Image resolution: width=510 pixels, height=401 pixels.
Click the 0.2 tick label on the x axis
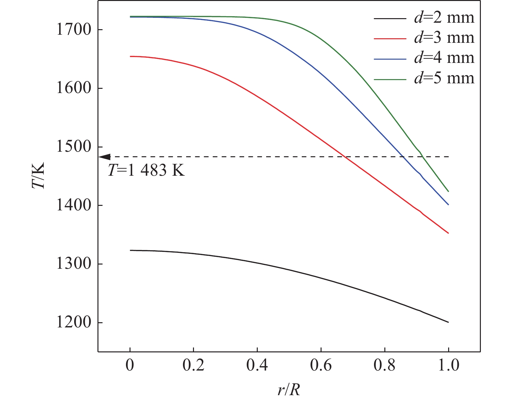193,365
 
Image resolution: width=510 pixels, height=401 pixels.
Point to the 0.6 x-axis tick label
321,365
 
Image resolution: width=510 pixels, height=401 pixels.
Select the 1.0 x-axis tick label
448,365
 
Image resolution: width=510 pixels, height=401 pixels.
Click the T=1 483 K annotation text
146,170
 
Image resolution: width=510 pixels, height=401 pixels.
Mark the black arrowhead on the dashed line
104,157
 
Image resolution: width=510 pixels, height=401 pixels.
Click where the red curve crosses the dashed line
346,157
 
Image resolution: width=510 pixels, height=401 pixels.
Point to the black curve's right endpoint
448,322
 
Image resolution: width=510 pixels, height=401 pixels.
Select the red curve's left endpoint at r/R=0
130,56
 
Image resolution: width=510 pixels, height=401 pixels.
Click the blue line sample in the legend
390,58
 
